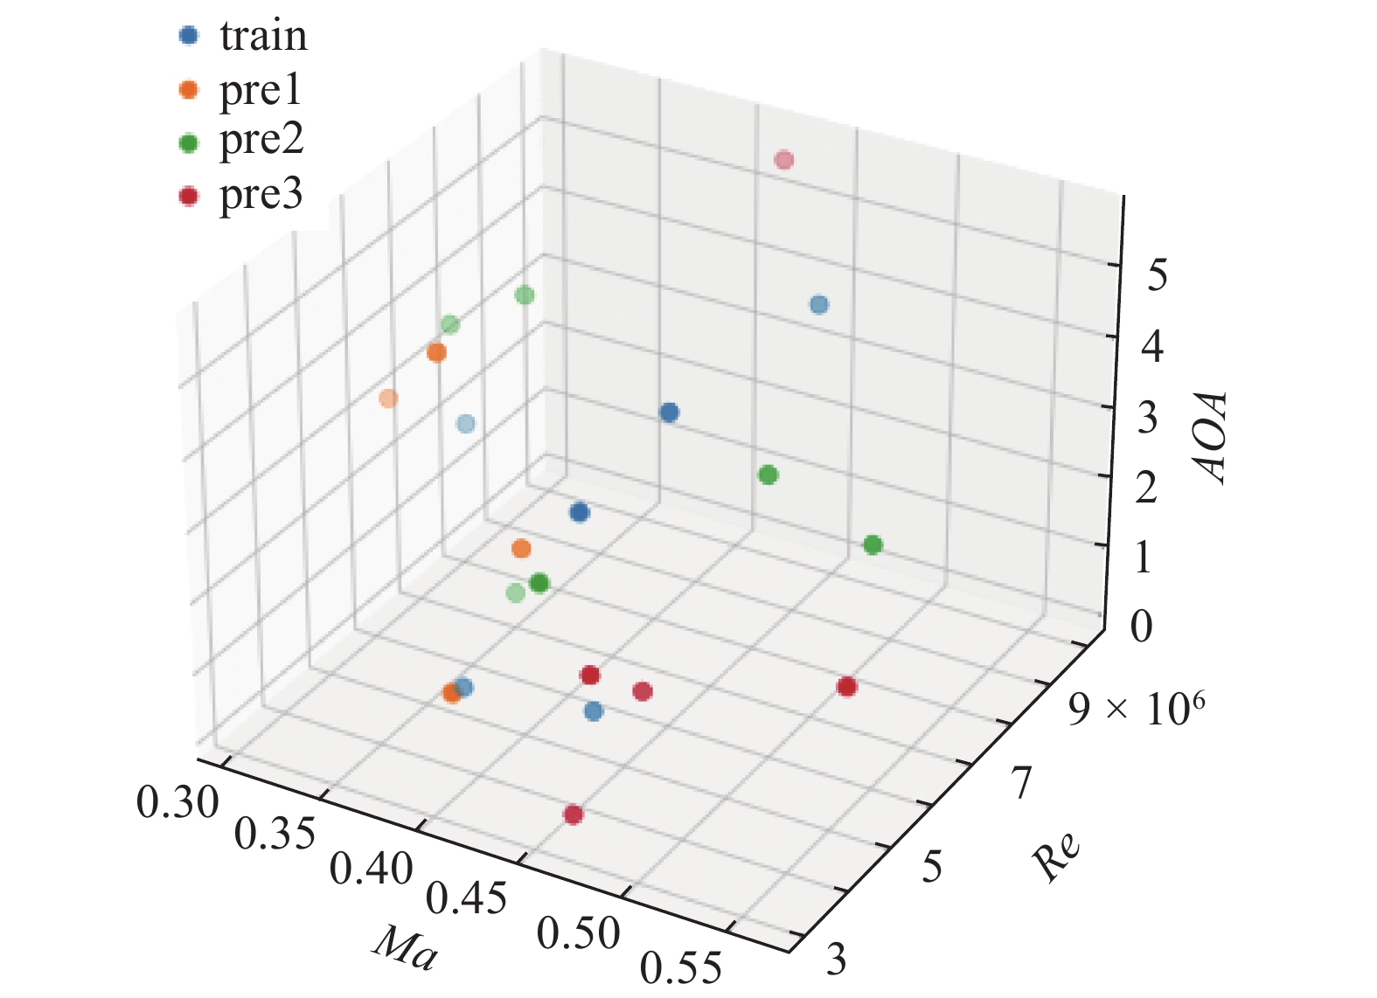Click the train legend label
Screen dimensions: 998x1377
click(263, 37)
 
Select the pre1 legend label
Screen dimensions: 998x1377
click(260, 90)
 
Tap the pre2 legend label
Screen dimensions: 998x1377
click(261, 141)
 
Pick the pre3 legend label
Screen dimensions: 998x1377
click(261, 195)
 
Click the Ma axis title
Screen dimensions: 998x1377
click(405, 948)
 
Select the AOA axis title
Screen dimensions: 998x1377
click(1213, 437)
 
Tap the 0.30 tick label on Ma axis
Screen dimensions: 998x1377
click(177, 802)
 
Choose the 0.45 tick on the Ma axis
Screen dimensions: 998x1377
click(467, 898)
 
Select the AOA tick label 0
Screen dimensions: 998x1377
click(1140, 627)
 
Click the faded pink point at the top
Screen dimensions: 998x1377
click(784, 160)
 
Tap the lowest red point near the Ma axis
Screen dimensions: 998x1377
click(573, 814)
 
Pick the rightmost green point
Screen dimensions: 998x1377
click(872, 545)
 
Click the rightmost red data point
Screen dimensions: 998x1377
click(846, 687)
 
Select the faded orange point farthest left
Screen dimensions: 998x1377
click(389, 399)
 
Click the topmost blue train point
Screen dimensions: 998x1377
click(818, 305)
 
